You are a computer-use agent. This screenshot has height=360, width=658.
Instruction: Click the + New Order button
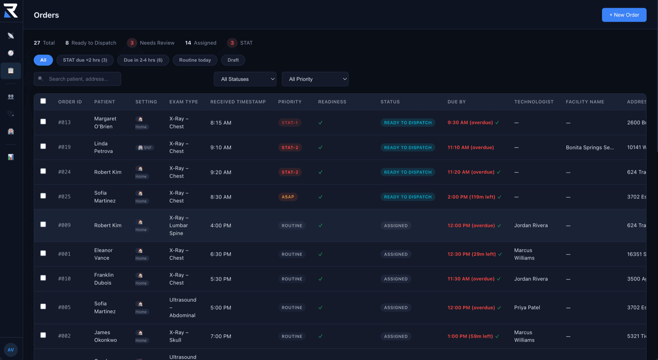[624, 15]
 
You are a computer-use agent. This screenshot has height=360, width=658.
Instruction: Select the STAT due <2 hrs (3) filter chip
[85, 60]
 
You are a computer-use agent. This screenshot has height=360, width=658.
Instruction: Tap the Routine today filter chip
[195, 60]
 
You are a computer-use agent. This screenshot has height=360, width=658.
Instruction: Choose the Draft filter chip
[233, 60]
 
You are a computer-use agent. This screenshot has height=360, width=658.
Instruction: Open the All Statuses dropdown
[245, 79]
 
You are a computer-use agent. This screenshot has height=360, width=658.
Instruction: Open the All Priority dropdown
[315, 79]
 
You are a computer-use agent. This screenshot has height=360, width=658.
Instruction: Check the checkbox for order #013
[43, 122]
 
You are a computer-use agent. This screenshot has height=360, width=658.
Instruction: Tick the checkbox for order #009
[43, 224]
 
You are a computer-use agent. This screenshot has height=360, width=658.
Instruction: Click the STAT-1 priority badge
[290, 123]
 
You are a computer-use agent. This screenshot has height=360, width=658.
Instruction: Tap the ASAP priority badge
[288, 197]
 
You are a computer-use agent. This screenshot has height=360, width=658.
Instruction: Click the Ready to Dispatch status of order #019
[407, 148]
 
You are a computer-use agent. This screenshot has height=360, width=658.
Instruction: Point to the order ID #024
[64, 172]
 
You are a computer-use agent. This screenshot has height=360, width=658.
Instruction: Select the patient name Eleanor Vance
[103, 254]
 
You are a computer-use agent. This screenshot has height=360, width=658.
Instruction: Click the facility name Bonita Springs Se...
[589, 148]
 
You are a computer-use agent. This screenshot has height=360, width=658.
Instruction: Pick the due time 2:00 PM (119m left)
[471, 197]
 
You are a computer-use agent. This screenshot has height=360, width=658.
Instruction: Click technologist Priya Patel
[527, 308]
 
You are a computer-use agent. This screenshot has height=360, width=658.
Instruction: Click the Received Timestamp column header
[238, 102]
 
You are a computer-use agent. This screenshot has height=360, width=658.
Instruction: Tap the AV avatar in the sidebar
[11, 350]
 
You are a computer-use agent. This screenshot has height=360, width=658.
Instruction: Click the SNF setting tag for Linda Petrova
[145, 148]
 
